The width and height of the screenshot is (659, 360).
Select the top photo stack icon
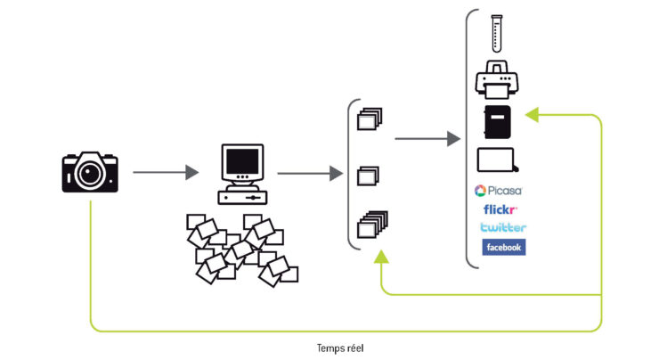[x=369, y=119]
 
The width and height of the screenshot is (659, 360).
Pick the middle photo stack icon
[x=367, y=176]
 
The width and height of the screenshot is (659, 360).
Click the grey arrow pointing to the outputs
[x=427, y=138]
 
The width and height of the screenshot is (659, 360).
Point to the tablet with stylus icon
[x=499, y=160]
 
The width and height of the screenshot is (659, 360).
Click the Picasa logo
[x=499, y=190]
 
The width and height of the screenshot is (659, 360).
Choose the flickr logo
[x=500, y=209]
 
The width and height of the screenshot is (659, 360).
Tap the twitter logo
[x=502, y=227]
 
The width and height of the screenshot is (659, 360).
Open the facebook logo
[x=503, y=247]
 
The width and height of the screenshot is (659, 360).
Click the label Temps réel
[x=339, y=348]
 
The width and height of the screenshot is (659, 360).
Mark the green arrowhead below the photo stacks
[x=382, y=256]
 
